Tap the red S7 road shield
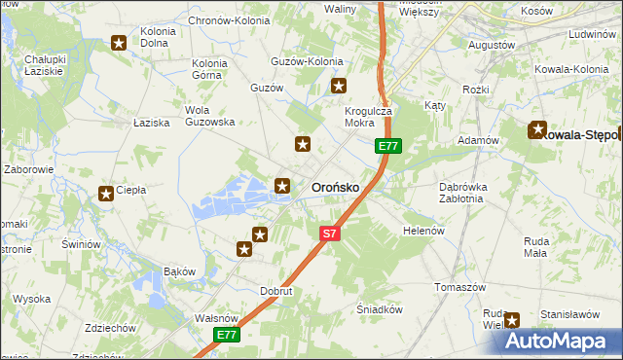pos(330,234)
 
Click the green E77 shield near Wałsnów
pos(226,335)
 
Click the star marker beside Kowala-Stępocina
pos(537,129)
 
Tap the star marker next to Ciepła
pos(105,194)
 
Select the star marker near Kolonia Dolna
pos(119,43)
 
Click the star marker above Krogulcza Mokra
pos(339,86)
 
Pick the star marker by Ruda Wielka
pos(512,319)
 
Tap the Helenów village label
pos(423,231)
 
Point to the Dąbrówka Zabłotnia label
pos(448,192)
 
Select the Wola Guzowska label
pos(203,116)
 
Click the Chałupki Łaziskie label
pos(45,65)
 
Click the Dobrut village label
pos(276,291)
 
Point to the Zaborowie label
pos(28,169)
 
